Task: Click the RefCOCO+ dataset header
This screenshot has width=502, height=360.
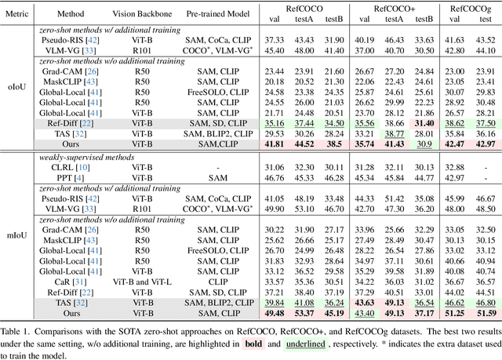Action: click(395, 7)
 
